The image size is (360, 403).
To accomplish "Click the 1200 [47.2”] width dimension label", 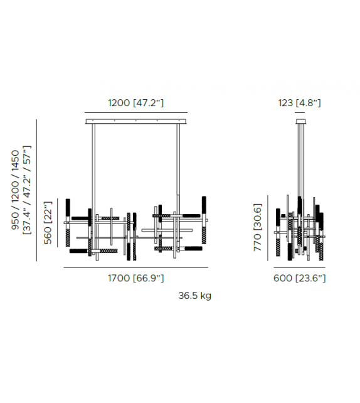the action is tap(135, 103).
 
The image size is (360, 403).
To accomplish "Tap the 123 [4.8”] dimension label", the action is tap(299, 103).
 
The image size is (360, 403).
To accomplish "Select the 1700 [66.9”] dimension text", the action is tap(135, 278).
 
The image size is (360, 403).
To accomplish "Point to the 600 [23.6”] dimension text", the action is tap(299, 278).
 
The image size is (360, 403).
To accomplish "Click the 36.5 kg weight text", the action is tap(195, 296).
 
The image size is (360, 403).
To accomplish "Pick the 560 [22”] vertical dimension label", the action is tap(48, 223).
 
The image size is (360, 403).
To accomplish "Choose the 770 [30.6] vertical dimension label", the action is tap(258, 227).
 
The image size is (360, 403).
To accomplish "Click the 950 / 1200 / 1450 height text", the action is tap(16, 190).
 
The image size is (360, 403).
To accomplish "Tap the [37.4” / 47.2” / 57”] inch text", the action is tap(27, 190).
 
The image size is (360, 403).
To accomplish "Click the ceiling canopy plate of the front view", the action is tap(136, 121).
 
